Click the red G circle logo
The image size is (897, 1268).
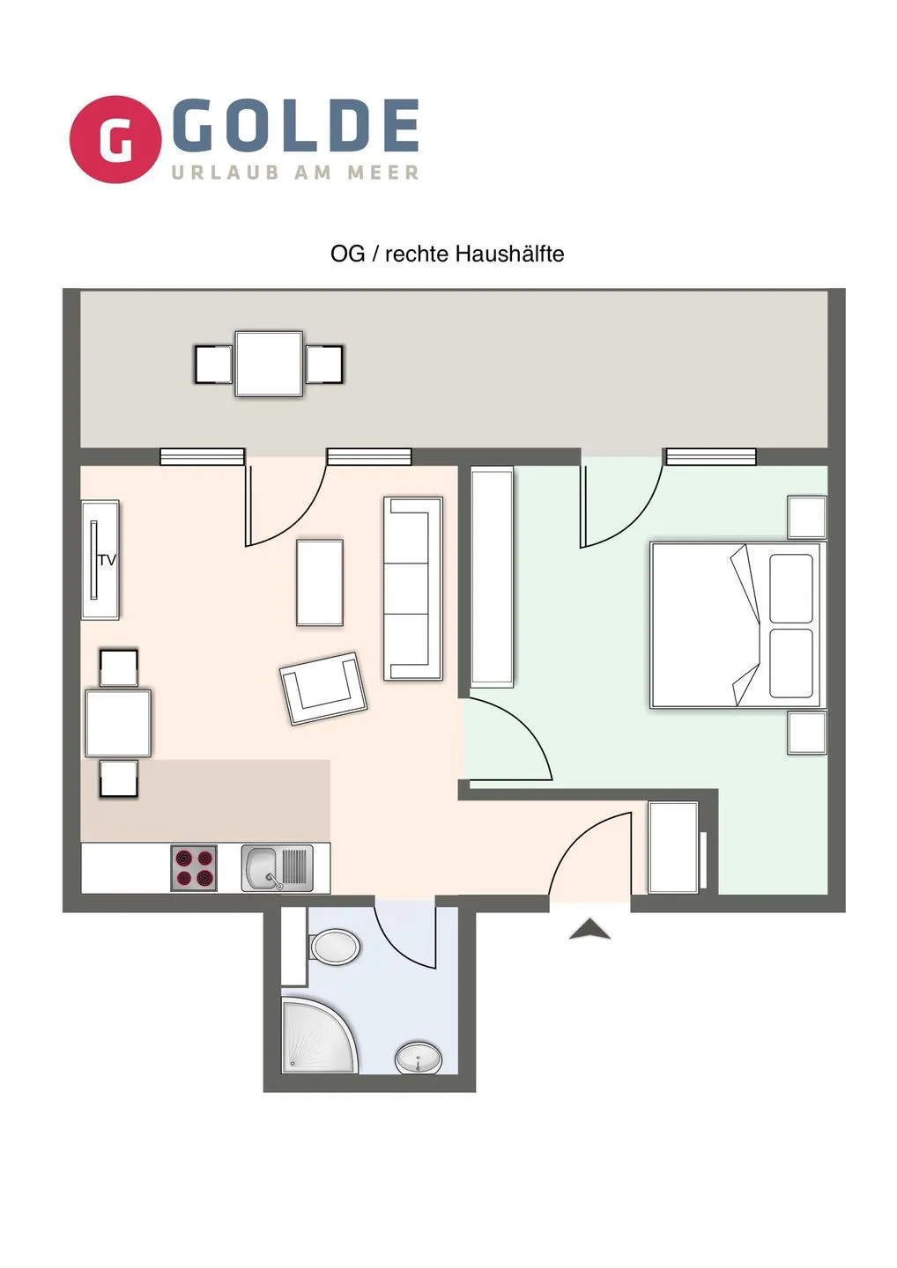point(115,139)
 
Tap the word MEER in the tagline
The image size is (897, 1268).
point(382,172)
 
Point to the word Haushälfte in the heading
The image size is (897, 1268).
point(509,254)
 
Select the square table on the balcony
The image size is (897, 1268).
point(269,364)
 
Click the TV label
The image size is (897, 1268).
point(107,560)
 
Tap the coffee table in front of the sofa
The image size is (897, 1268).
point(319,583)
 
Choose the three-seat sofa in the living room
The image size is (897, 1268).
point(413,588)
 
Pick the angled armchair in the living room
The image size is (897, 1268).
point(323,689)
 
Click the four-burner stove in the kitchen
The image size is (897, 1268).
point(194,868)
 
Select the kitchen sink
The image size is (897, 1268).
point(277,868)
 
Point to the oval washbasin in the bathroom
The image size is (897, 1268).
point(419,1057)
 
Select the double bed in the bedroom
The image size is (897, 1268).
point(735,625)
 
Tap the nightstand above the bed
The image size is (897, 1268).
point(807,517)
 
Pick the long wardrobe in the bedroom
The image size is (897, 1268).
point(492,578)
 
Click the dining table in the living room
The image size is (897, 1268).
point(118,723)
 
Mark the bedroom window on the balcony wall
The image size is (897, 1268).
point(711,456)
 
